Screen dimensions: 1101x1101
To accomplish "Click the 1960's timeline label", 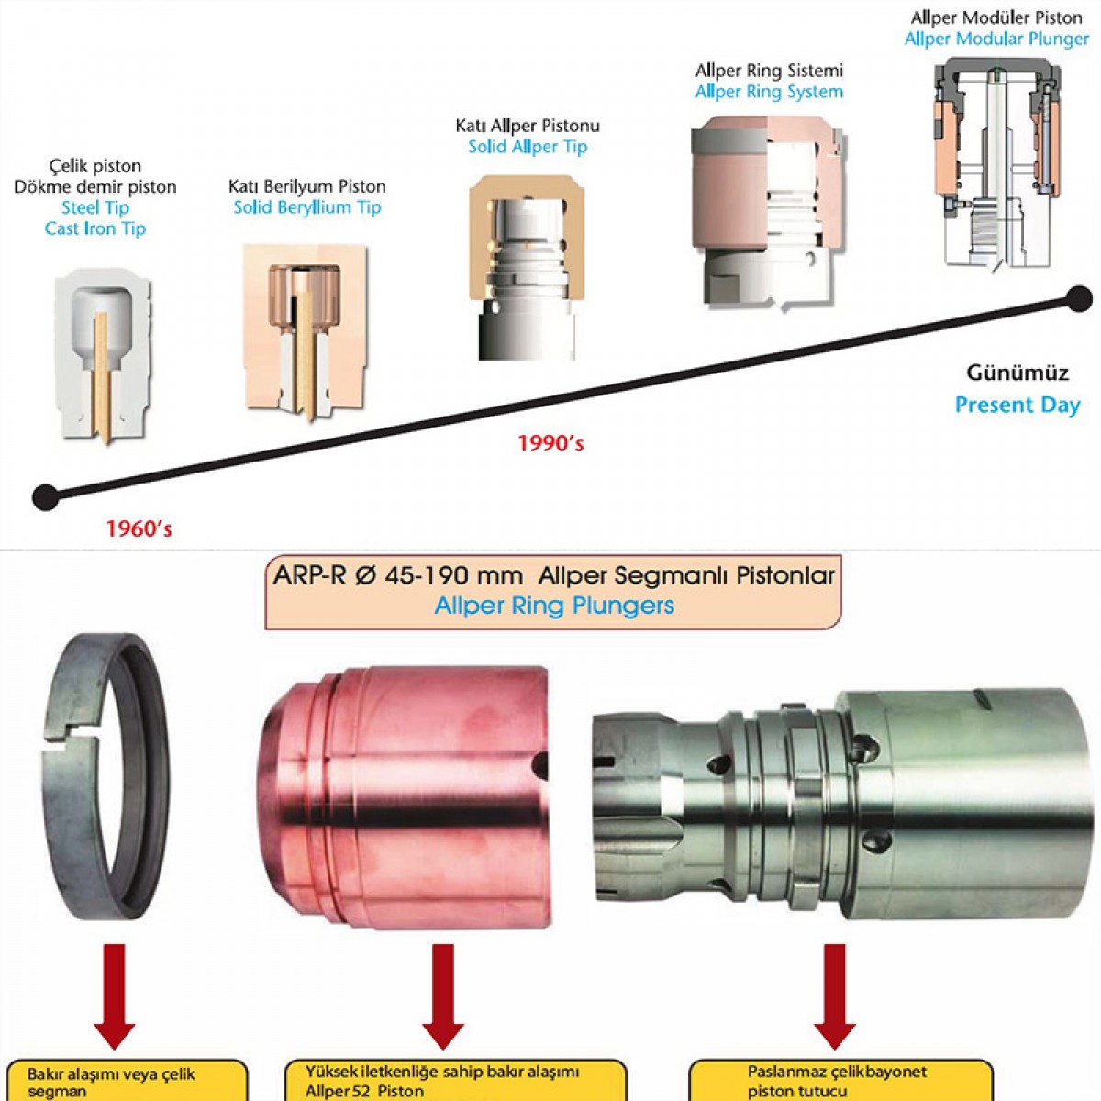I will (x=139, y=529).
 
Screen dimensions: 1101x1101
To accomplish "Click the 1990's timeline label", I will (x=550, y=444).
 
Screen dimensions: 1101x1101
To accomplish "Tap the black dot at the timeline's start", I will (x=45, y=497).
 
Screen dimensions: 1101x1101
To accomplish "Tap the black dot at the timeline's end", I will (x=1080, y=298).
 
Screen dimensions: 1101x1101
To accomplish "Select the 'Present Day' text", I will (x=1018, y=406).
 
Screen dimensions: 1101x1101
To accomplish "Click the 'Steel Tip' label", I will (x=95, y=208).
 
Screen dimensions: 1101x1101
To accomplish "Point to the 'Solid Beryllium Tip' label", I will (x=306, y=207).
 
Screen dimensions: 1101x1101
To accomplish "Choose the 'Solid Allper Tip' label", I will (x=528, y=147).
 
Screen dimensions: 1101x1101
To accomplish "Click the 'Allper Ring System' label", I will (x=769, y=92).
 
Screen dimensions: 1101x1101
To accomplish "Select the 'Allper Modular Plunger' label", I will (x=996, y=39).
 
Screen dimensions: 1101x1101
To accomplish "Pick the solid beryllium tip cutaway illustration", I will (x=305, y=330).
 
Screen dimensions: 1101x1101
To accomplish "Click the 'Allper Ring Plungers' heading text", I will (x=554, y=606).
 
